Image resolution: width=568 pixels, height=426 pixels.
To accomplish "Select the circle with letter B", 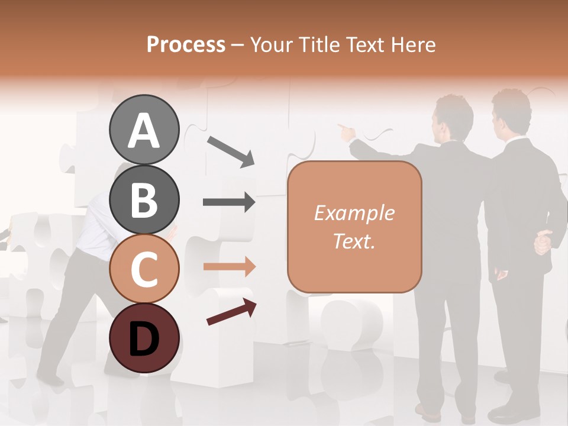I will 144,199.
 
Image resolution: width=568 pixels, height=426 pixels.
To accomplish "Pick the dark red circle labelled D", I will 144,338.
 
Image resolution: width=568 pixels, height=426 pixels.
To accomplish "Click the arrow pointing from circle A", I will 231,151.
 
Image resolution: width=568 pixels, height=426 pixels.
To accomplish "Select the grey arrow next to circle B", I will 229,202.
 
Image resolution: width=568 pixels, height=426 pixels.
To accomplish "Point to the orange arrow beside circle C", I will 230,267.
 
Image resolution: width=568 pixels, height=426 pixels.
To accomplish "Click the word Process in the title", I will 186,44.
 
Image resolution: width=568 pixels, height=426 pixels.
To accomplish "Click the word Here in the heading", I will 412,44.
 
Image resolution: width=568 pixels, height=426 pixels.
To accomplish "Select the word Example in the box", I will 354,213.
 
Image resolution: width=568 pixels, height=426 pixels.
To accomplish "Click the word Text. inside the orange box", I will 354,241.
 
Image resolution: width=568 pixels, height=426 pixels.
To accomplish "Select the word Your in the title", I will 271,44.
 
